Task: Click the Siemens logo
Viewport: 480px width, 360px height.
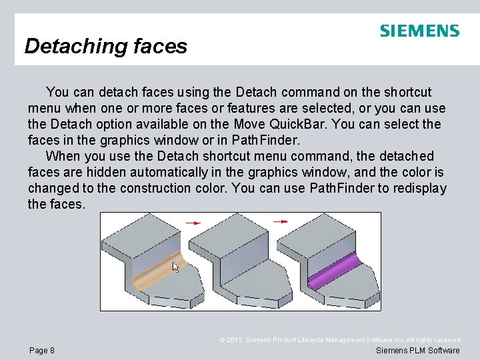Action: pos(419,31)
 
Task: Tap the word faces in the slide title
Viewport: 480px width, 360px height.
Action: pos(160,46)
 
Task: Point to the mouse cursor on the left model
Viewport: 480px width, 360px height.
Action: pos(176,267)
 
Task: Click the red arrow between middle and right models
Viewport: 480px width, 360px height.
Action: pos(281,221)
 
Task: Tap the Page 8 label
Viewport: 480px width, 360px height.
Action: pos(43,351)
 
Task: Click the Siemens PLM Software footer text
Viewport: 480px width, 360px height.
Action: pos(418,351)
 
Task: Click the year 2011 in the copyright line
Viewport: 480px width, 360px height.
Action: pos(234,340)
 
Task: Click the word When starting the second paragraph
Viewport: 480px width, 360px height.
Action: pos(62,156)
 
